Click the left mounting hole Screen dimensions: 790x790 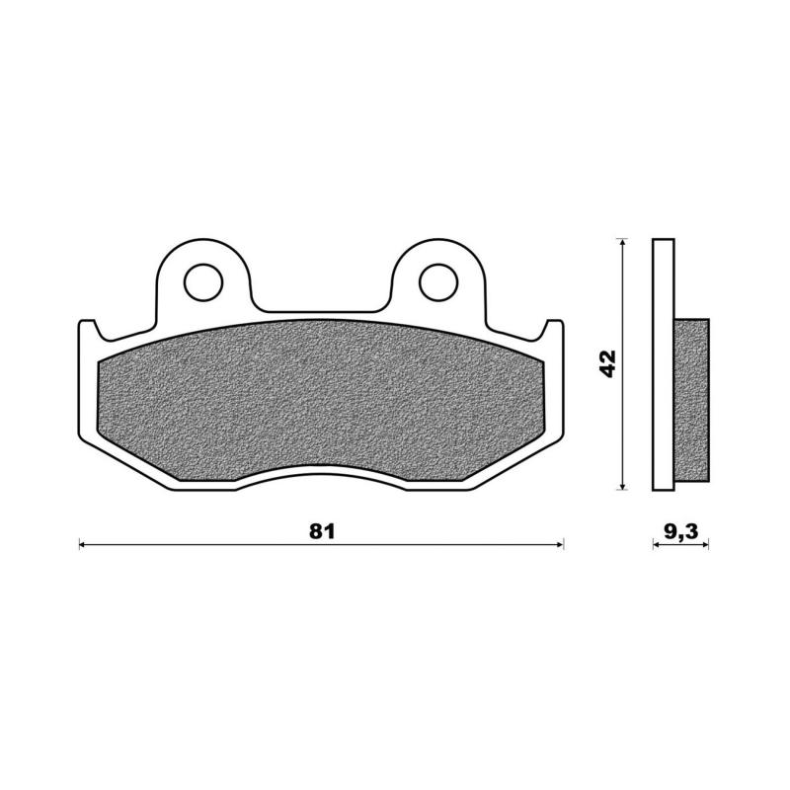click(x=203, y=282)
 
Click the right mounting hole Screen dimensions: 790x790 click(x=438, y=282)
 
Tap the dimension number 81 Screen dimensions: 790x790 click(x=322, y=531)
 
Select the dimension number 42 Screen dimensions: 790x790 click(x=607, y=363)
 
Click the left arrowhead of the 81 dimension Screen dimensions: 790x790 click(x=83, y=544)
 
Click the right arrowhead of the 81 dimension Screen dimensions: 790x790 click(x=560, y=544)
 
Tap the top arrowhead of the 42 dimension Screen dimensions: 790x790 click(x=624, y=242)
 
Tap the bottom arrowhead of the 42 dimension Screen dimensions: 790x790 click(x=624, y=486)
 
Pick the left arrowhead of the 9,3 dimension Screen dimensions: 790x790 click(x=656, y=544)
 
